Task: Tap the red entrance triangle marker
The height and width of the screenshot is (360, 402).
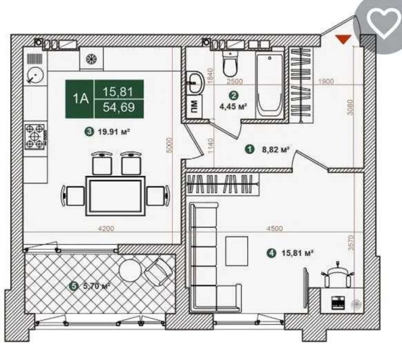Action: tap(343, 39)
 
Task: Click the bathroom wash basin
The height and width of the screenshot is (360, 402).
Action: tap(196, 82)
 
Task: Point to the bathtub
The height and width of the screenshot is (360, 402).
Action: tap(269, 86)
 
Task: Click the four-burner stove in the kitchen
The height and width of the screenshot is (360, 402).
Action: tap(34, 136)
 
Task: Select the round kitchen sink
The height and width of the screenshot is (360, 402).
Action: tap(35, 75)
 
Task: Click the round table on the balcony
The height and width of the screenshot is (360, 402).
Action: tap(130, 270)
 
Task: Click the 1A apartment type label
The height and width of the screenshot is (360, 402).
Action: tap(80, 99)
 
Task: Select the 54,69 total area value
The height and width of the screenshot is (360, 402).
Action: tap(119, 107)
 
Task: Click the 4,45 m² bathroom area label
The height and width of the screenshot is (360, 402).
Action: tap(233, 106)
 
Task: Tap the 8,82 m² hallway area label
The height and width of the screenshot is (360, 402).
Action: tap(276, 149)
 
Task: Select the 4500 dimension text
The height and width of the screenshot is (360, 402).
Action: tap(274, 228)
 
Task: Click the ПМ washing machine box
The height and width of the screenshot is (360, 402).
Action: tap(194, 106)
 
